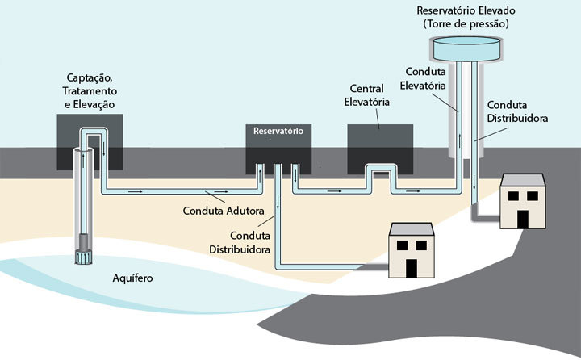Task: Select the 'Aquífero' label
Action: click(x=133, y=279)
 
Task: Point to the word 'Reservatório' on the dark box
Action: click(x=278, y=131)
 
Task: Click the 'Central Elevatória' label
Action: click(x=370, y=94)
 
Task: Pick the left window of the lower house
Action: click(x=401, y=245)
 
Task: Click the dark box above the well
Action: click(x=90, y=140)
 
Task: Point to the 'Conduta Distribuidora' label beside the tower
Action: click(x=518, y=111)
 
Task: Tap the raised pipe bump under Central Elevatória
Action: click(x=378, y=171)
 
